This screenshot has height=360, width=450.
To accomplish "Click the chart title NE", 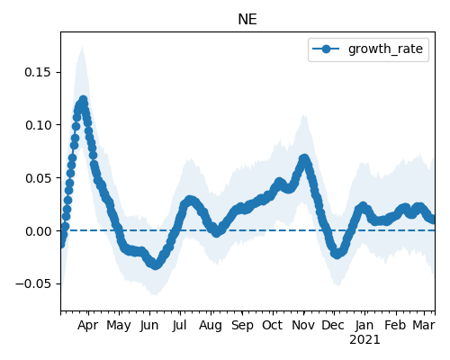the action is click(247, 20).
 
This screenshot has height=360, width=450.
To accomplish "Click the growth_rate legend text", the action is click(385, 49).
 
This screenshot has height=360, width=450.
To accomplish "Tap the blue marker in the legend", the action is click(326, 49).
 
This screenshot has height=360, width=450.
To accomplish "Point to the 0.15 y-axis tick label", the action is click(38, 72).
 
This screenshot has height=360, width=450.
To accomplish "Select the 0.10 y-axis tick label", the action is click(38, 125).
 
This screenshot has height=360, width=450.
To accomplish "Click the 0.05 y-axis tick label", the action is click(38, 178).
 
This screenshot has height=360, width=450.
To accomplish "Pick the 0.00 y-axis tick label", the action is click(38, 231).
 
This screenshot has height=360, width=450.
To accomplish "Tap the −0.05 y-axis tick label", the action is click(33, 283).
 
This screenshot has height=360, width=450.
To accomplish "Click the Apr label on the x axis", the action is click(87, 325).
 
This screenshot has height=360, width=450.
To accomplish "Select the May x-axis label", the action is click(119, 325).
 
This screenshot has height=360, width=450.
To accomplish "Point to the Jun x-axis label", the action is click(149, 325).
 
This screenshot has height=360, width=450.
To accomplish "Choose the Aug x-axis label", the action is click(211, 325).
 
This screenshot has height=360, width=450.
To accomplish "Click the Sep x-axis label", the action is click(242, 325).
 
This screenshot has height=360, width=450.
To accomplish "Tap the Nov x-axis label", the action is click(303, 325).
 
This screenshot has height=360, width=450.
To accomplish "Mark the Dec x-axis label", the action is click(333, 325).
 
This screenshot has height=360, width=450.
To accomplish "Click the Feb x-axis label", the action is click(395, 325).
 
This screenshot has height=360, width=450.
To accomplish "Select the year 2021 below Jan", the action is click(364, 340).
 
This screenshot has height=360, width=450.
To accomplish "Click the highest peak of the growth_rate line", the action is click(83, 100).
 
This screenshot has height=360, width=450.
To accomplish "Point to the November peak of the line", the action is click(304, 158).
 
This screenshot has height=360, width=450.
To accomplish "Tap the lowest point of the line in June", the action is click(155, 265).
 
